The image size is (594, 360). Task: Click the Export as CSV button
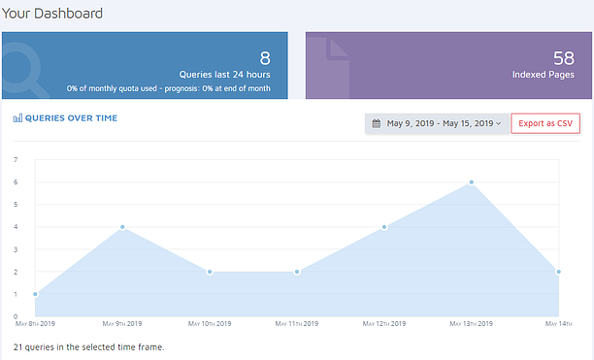(545, 123)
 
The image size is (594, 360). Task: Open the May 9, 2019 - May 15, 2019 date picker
(437, 123)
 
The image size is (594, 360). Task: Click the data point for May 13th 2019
(472, 181)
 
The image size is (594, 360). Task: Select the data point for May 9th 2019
(122, 227)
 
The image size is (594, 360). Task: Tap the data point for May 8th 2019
(35, 294)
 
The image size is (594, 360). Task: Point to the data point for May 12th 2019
(384, 227)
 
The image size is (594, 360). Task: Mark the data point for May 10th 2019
(210, 272)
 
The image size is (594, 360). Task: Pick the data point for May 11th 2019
(297, 272)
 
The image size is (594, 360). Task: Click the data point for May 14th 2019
(559, 272)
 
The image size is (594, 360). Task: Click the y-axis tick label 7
(16, 159)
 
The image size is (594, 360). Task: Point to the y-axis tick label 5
(16, 205)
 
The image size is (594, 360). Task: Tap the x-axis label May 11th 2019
(297, 323)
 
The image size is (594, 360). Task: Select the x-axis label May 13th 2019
(472, 323)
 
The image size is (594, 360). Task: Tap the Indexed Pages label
(544, 74)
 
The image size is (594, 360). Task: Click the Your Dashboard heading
(52, 14)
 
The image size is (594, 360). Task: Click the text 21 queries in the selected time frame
(88, 346)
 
